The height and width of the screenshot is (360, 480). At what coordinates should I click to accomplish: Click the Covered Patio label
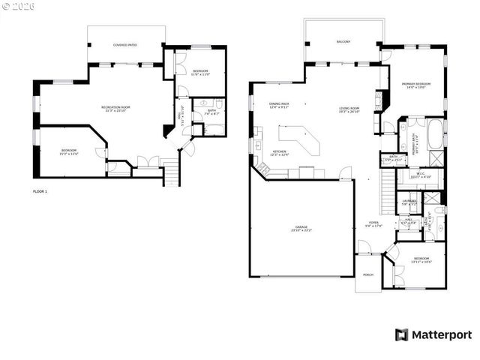click(125, 45)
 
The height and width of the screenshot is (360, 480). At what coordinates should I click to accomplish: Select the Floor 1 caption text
click(40, 192)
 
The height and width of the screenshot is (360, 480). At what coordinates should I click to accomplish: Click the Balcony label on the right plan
click(343, 42)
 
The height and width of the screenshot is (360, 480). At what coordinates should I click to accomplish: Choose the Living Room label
click(349, 109)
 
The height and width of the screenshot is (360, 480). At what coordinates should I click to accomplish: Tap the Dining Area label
click(280, 105)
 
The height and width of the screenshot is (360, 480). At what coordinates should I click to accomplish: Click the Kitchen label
click(280, 152)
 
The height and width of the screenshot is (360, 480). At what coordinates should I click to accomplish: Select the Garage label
click(301, 227)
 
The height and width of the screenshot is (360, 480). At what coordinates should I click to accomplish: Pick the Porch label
click(368, 274)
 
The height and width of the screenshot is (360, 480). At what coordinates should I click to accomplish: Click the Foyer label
click(373, 223)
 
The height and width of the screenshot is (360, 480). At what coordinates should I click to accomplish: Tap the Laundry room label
click(409, 202)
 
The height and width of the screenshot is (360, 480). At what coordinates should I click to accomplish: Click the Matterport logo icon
click(402, 334)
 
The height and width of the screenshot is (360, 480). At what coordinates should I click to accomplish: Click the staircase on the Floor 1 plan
click(172, 175)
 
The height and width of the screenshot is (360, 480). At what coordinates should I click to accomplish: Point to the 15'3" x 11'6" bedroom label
click(69, 152)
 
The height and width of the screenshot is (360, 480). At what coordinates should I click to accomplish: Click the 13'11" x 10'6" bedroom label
click(421, 260)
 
